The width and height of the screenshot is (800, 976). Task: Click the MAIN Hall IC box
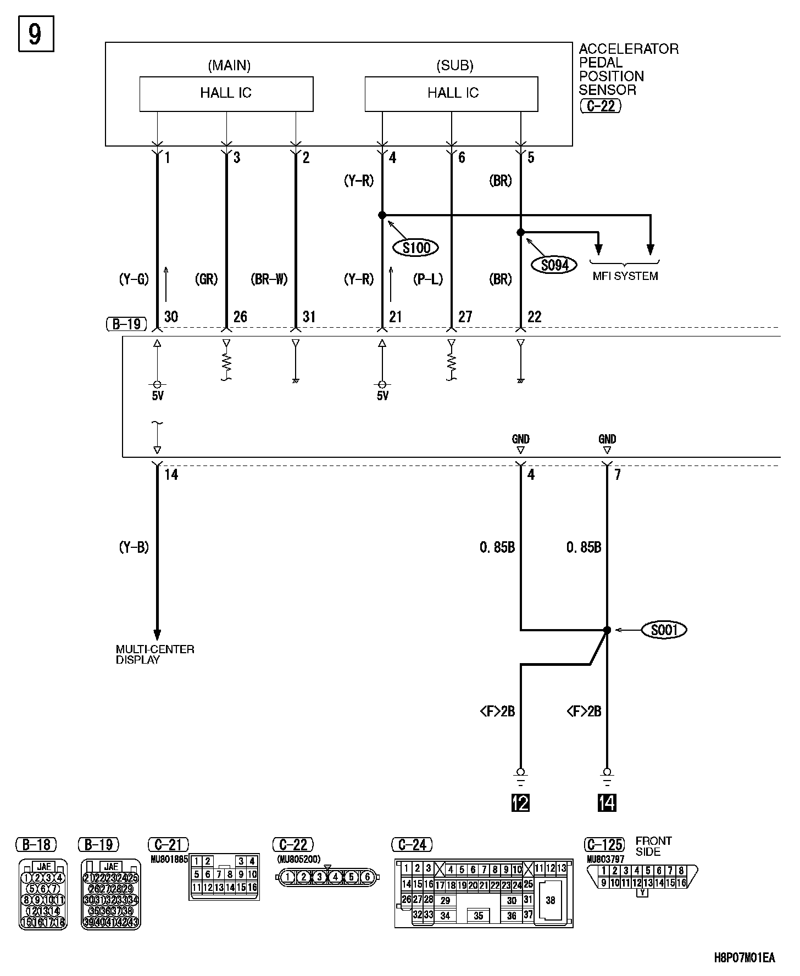226,94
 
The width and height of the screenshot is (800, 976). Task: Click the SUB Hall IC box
452,94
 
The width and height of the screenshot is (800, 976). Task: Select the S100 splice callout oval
416,248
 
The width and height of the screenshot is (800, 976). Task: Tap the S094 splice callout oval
554,265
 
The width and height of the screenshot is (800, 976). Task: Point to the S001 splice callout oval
664,630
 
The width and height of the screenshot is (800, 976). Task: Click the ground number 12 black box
520,803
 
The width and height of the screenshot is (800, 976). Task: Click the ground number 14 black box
607,803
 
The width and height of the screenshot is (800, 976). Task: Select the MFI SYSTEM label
625,276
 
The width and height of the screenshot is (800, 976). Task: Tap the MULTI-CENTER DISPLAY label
154,654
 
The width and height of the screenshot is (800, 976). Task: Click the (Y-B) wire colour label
134,547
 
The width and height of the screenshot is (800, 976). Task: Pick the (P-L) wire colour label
428,279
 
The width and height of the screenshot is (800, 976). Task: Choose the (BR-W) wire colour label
269,279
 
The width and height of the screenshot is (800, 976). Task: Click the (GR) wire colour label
207,279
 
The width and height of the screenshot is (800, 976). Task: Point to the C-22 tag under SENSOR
600,106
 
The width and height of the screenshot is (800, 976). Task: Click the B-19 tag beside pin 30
126,324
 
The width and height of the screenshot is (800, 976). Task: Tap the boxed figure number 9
36,35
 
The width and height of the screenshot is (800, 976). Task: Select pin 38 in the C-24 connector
550,900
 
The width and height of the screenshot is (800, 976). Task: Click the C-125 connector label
604,844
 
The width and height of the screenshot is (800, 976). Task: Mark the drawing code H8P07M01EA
745,958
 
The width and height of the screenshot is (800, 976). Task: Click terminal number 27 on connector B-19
465,317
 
